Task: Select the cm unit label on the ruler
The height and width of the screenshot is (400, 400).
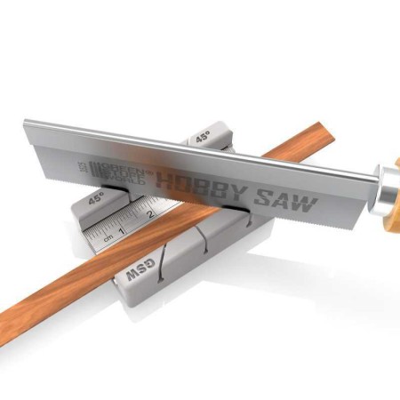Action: [108, 239]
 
